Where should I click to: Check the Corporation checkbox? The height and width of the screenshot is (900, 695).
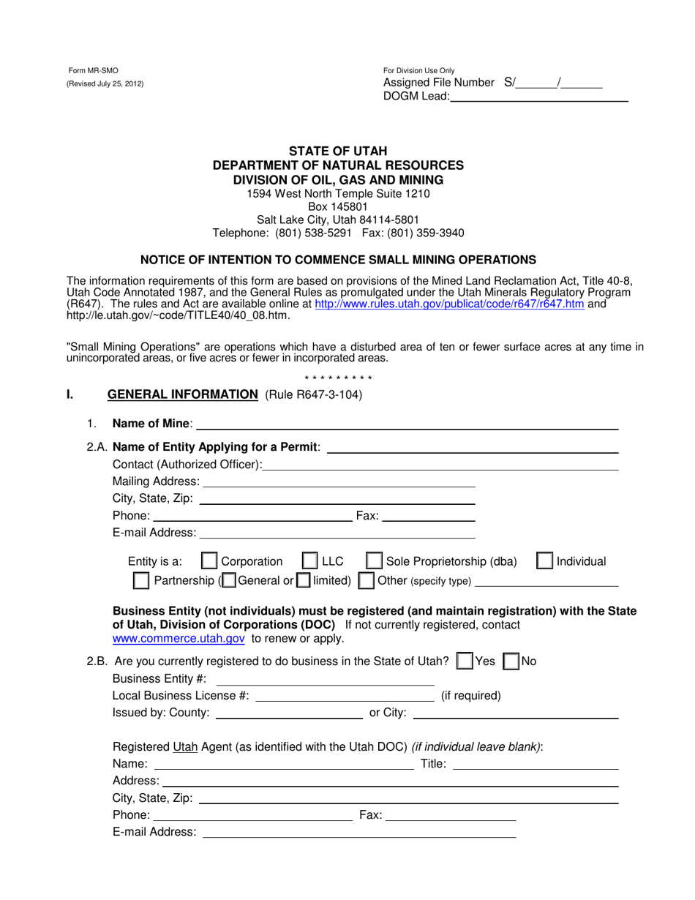tap(209, 561)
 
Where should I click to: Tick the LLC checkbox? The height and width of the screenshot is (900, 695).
tap(309, 561)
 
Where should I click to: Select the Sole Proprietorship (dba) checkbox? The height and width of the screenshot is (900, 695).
tap(373, 561)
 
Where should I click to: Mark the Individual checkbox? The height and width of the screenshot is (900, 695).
tap(544, 561)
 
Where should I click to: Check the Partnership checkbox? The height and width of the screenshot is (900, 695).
tap(140, 581)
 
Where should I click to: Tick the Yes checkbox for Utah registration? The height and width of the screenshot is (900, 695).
tap(464, 661)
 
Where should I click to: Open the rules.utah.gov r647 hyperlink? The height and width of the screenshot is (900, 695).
tap(449, 304)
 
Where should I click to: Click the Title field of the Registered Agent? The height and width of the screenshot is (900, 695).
tap(536, 765)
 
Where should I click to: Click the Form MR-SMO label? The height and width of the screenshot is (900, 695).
tap(93, 71)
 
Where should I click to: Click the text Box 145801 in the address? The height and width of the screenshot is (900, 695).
tap(338, 207)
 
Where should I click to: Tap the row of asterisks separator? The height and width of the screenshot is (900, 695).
tap(338, 378)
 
